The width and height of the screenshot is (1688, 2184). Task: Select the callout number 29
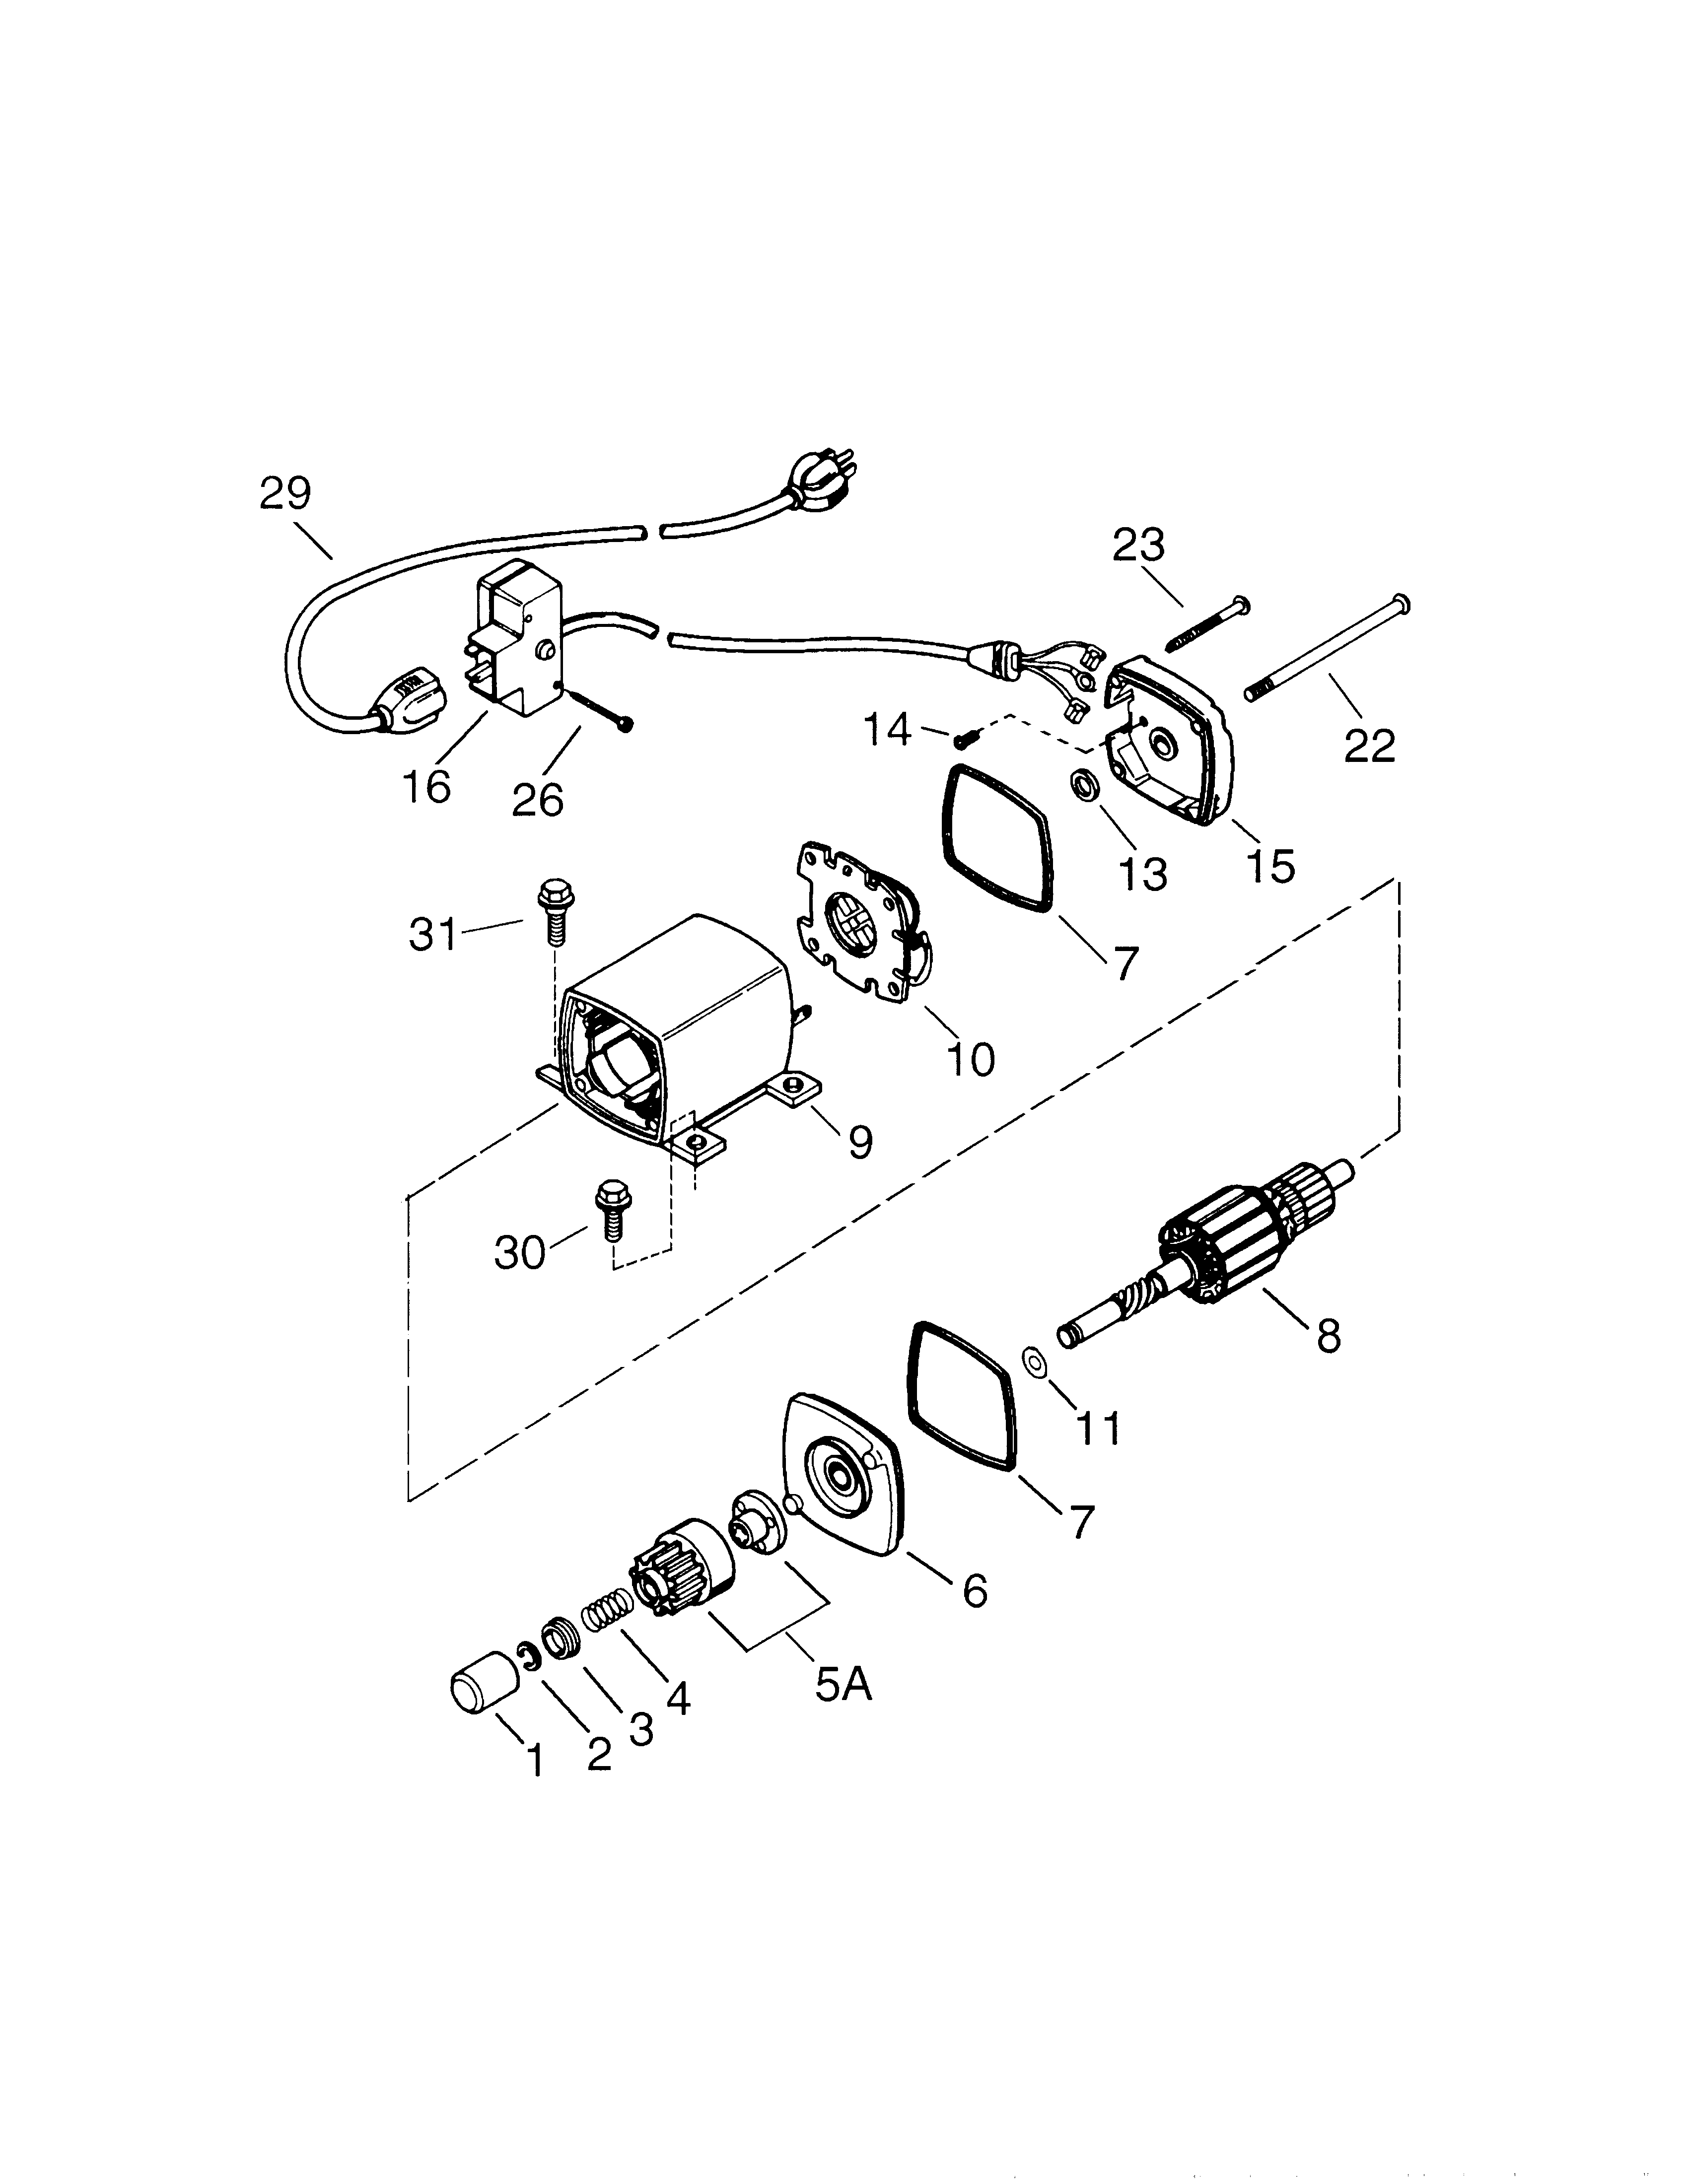286,494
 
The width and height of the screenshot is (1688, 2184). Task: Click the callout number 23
1139,545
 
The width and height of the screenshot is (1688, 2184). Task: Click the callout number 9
860,1141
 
